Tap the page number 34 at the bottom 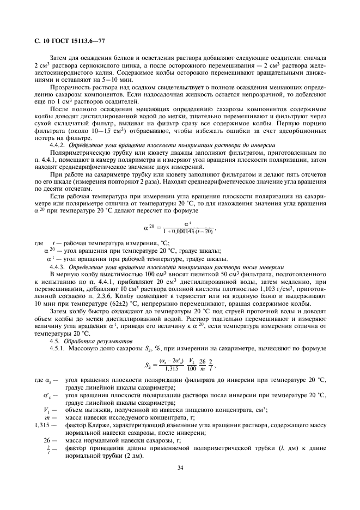(180, 467)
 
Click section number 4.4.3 (57, 267)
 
